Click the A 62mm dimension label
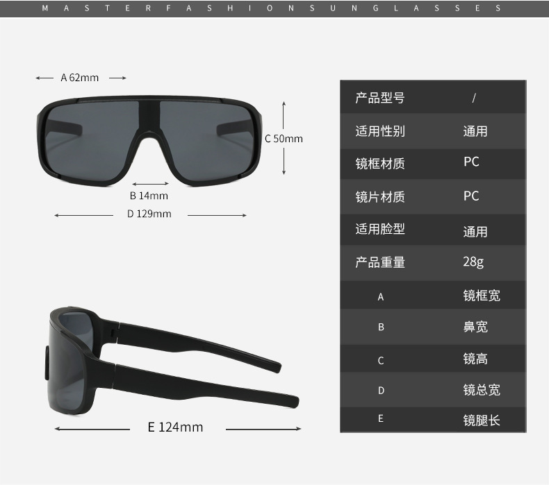tap(80, 78)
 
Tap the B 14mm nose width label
tap(149, 196)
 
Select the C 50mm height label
tap(284, 139)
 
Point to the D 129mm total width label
tap(149, 214)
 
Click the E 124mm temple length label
tap(175, 427)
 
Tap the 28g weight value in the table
tap(473, 262)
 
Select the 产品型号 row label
tap(379, 98)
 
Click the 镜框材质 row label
tap(379, 164)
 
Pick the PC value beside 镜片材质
tap(471, 196)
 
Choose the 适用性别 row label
tap(379, 131)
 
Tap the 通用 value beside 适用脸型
tap(475, 231)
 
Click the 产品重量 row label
tap(379, 262)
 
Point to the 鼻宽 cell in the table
tap(475, 327)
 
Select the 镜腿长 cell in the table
tap(482, 420)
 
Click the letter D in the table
tap(381, 391)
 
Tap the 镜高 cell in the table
tap(475, 359)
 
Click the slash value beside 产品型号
tap(473, 98)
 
